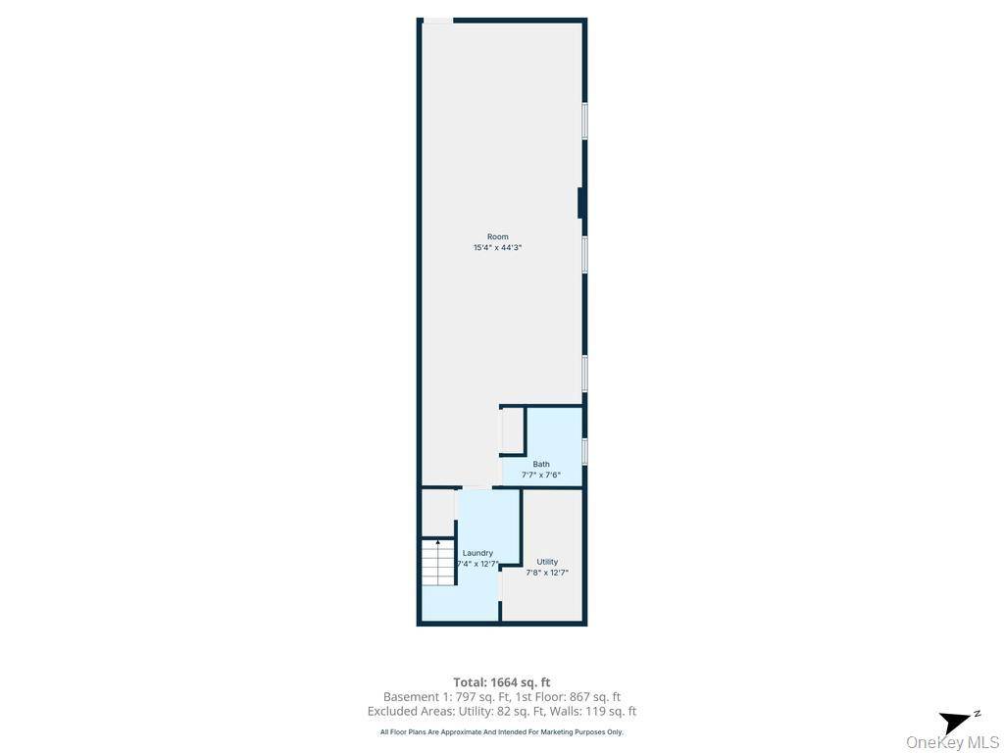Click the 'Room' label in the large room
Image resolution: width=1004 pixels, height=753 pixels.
(498, 236)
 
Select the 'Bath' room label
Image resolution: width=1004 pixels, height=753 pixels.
(541, 464)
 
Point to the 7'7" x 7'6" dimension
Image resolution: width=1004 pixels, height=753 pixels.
(541, 476)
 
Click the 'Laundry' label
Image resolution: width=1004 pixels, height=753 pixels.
(477, 553)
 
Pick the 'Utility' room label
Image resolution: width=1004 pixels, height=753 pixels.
(547, 562)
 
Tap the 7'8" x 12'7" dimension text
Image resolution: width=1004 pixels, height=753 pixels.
(547, 573)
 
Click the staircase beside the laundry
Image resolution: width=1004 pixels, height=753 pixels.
(437, 563)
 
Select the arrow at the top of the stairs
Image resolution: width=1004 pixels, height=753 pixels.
(437, 542)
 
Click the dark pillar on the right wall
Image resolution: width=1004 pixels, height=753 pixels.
(581, 203)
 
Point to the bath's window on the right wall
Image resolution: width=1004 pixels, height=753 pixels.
(584, 451)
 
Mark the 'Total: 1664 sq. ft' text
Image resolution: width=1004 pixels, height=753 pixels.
(502, 682)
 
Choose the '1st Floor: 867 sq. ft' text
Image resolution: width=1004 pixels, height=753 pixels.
(569, 697)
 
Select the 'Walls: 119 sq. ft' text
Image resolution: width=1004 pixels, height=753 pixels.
(598, 712)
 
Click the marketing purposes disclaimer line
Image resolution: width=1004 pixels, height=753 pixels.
(502, 732)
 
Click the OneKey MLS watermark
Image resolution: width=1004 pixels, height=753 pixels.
(953, 742)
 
